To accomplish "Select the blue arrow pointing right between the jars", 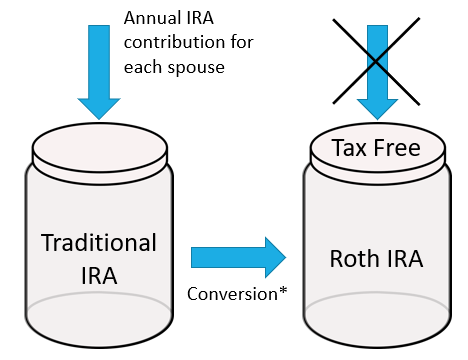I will tap(238, 257).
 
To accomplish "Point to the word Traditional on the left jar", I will tap(100, 243).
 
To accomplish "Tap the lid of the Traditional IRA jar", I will tap(101, 146).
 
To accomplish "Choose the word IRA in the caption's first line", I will tap(196, 18).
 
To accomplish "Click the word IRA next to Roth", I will tap(402, 259).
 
